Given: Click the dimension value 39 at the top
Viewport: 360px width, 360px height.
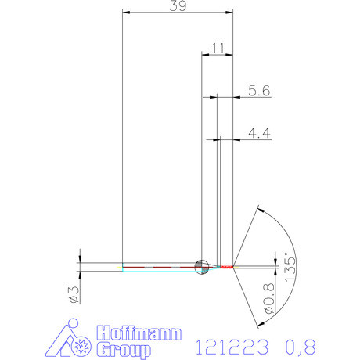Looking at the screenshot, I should [178, 6].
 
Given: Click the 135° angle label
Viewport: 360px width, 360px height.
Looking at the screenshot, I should [291, 268].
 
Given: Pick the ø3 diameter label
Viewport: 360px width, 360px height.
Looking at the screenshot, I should [71, 293].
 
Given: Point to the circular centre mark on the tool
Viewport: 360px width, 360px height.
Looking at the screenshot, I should [200, 267].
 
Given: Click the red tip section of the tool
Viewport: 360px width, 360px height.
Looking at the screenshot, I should [227, 267].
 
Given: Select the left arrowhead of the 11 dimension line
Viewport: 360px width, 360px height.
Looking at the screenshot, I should [204, 55].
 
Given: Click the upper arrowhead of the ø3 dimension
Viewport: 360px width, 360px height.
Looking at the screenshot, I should [81, 259].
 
